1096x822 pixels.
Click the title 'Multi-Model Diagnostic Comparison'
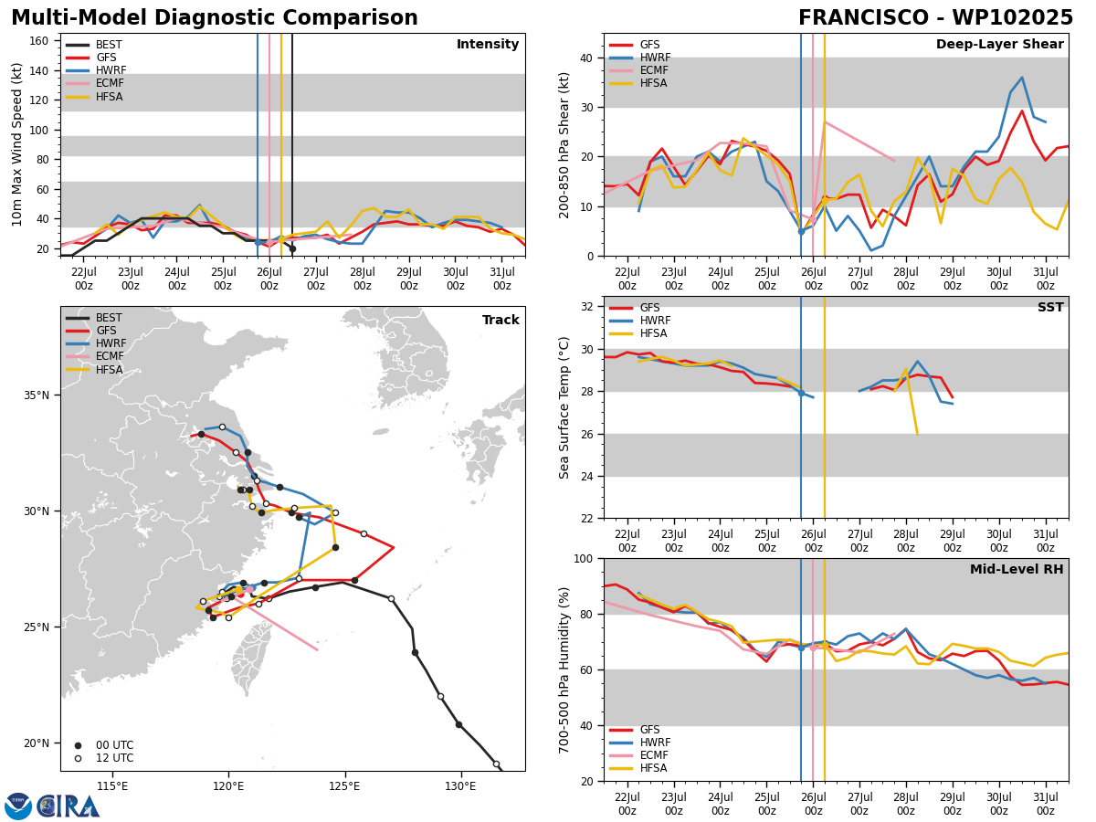(215, 17)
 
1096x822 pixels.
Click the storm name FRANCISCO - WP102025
(936, 17)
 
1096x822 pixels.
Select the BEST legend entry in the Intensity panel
(94, 45)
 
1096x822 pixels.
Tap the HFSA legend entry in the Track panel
(94, 369)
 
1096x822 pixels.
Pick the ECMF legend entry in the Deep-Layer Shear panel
(638, 70)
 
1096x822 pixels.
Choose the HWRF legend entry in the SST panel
(639, 321)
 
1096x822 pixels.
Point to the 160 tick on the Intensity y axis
(38, 41)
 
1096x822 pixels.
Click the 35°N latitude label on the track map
(37, 395)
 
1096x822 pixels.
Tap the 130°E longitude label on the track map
(461, 786)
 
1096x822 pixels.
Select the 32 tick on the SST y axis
(586, 307)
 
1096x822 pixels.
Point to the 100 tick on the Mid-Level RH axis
(584, 558)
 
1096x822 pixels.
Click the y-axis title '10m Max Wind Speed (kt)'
(17, 144)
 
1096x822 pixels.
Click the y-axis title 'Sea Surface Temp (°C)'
(564, 407)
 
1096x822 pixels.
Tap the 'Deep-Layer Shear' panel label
(999, 44)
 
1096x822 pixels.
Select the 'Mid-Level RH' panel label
(1017, 569)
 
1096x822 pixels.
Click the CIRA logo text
(68, 806)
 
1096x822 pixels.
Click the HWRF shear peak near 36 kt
(1022, 78)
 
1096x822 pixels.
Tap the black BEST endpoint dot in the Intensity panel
(292, 248)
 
